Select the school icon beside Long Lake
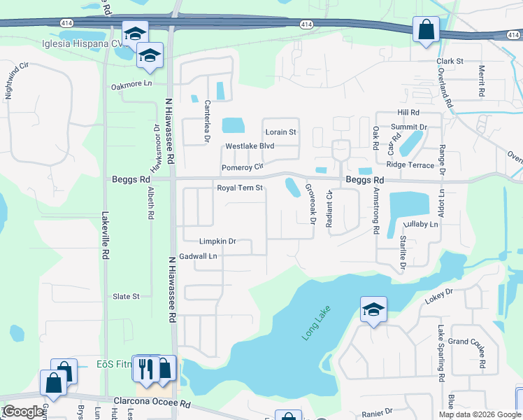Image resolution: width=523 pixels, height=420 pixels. (x=374, y=310)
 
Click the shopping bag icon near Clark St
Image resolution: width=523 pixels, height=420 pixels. (x=426, y=30)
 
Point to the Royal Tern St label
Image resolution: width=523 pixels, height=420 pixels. (x=239, y=188)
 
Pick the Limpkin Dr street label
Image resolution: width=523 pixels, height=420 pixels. (x=217, y=241)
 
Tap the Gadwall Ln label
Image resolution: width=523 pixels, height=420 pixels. (x=199, y=257)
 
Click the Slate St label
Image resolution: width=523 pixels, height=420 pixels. (x=127, y=297)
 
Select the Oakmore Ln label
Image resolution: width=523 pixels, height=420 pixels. (x=131, y=85)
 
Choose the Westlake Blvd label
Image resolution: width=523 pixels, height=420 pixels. (x=250, y=147)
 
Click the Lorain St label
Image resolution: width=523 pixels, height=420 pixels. (x=280, y=132)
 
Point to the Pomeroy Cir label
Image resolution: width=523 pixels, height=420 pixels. (x=242, y=168)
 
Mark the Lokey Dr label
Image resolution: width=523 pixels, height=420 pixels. (x=439, y=295)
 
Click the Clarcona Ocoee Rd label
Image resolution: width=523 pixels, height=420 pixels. (x=152, y=405)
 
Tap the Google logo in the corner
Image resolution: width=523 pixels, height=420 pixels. (x=23, y=412)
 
